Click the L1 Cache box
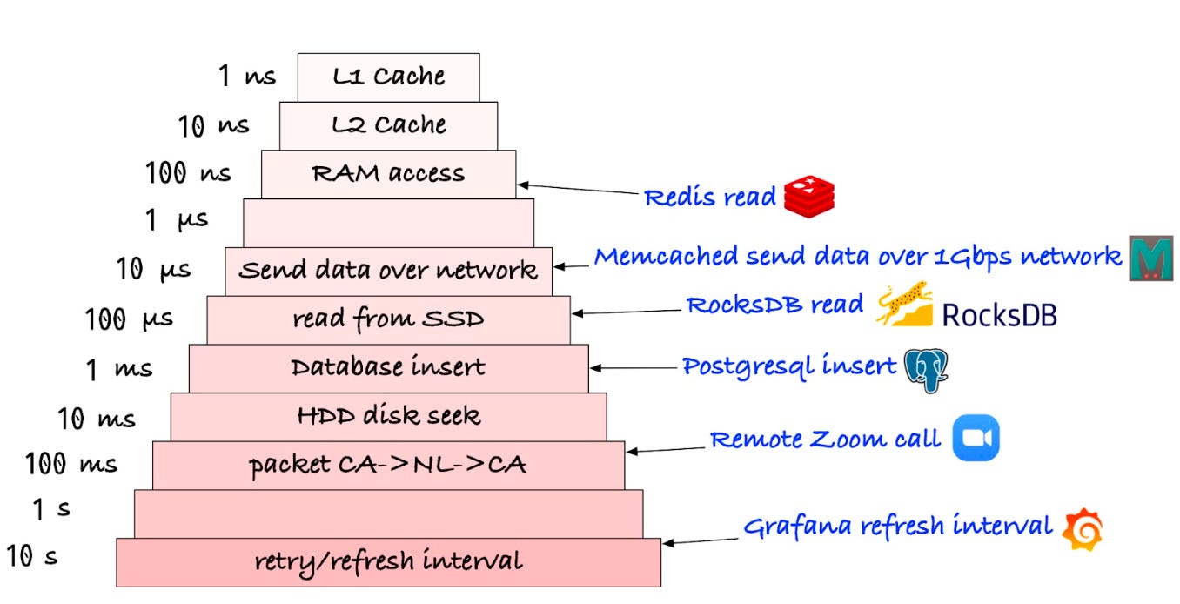(388, 77)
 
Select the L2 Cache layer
(388, 125)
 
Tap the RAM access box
(388, 174)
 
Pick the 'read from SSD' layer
(388, 319)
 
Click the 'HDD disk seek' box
(388, 416)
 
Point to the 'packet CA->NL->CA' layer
(388, 465)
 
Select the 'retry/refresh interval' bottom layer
(388, 561)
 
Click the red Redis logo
(808, 196)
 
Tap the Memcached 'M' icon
(1150, 258)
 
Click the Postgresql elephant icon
(925, 370)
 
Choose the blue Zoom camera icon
(976, 438)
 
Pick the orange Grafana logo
(1083, 528)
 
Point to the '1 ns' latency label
(246, 77)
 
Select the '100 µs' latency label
(129, 319)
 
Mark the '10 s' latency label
(32, 555)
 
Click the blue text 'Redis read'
(709, 198)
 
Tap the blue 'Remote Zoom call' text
(825, 439)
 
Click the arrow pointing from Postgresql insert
(635, 368)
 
